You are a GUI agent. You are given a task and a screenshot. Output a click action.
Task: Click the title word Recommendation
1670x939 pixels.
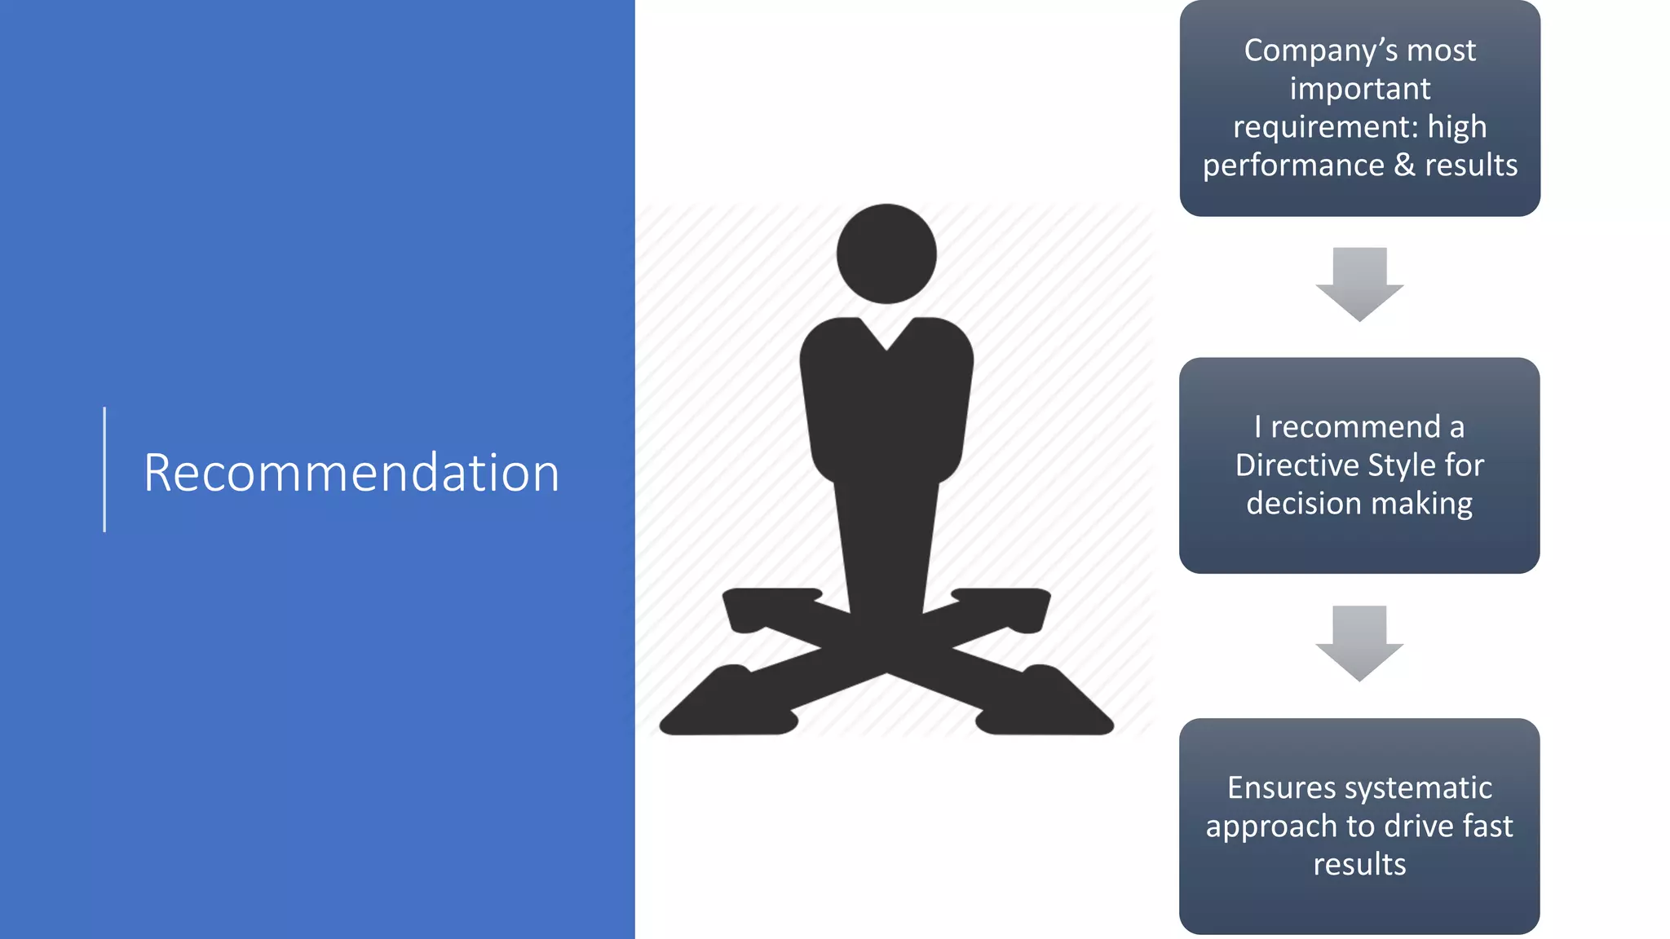pyautogui.click(x=351, y=473)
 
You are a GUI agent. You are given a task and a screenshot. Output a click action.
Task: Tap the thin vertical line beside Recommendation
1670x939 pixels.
pyautogui.click(x=104, y=469)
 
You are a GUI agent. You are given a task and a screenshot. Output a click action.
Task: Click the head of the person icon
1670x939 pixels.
pyautogui.click(x=886, y=253)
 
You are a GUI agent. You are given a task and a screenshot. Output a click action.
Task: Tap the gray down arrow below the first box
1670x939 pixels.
pyautogui.click(x=1359, y=284)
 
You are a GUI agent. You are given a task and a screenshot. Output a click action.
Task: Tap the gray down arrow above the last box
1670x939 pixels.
pyautogui.click(x=1359, y=642)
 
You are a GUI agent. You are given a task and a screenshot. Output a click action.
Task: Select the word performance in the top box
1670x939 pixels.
pyautogui.click(x=1293, y=165)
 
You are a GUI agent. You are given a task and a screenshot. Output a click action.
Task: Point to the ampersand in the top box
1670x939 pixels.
pyautogui.click(x=1404, y=165)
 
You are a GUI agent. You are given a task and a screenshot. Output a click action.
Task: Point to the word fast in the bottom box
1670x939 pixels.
pyautogui.click(x=1488, y=827)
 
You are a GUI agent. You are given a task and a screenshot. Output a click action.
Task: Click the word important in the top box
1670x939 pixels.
pyautogui.click(x=1359, y=89)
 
